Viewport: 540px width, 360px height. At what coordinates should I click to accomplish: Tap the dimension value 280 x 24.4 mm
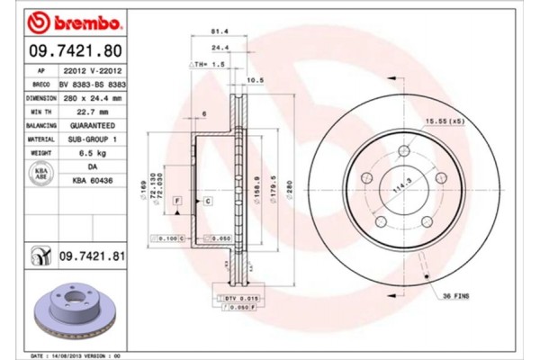(x=93, y=97)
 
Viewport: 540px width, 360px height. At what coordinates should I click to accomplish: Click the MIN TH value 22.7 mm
(x=93, y=111)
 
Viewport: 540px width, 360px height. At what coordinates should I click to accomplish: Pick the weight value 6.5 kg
(x=93, y=154)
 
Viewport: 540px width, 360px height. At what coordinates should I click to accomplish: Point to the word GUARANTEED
(x=93, y=125)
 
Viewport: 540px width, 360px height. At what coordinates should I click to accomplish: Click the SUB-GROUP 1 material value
(x=93, y=139)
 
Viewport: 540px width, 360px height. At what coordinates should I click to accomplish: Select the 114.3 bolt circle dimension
(x=396, y=192)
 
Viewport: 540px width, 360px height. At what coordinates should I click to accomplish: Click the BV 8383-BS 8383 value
(x=93, y=83)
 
